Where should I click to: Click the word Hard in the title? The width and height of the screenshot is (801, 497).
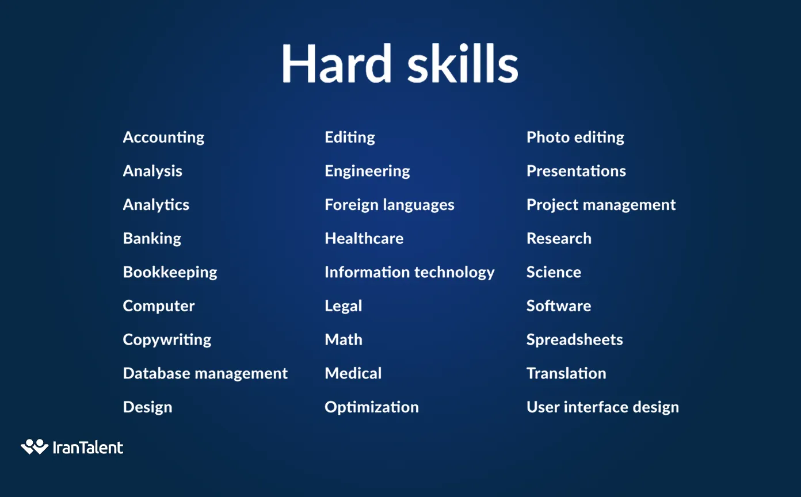click(x=336, y=63)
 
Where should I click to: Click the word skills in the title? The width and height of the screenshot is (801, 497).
click(x=463, y=63)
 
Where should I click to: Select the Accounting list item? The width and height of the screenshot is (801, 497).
click(x=163, y=137)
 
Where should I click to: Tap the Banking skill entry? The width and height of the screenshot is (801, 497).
click(x=152, y=239)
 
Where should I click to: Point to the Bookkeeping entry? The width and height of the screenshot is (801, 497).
click(x=170, y=273)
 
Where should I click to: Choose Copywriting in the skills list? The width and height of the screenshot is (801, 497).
click(x=167, y=340)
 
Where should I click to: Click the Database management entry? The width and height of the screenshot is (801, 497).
click(x=205, y=373)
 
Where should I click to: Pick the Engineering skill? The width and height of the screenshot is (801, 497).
click(x=367, y=171)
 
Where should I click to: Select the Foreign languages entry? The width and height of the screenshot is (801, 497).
click(x=390, y=205)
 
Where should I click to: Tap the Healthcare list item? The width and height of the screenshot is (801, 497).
click(x=364, y=239)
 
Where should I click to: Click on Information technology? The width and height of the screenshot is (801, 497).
click(x=410, y=273)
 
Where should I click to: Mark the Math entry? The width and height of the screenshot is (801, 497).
click(x=344, y=340)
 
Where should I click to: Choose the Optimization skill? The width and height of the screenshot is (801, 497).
click(x=372, y=408)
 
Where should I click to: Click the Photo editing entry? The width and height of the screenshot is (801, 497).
click(x=575, y=137)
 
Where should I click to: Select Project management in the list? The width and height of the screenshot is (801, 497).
click(x=601, y=205)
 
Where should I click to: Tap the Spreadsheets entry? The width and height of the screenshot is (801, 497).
click(x=575, y=340)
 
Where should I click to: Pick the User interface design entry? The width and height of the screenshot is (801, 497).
click(x=602, y=408)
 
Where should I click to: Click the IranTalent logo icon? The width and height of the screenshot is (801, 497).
click(x=35, y=446)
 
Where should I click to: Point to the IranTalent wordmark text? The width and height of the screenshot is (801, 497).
click(x=88, y=448)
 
